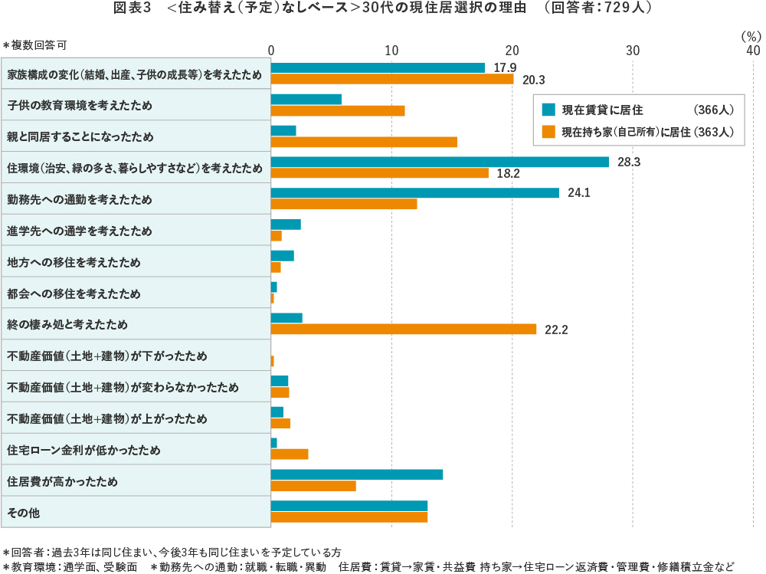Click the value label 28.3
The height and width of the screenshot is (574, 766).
pyautogui.click(x=629, y=162)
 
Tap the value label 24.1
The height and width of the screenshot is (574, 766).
pyautogui.click(x=578, y=193)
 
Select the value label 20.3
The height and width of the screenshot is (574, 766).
pyautogui.click(x=533, y=80)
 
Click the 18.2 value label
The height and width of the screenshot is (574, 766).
pyautogui.click(x=508, y=174)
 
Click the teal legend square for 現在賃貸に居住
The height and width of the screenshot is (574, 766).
pyautogui.click(x=548, y=109)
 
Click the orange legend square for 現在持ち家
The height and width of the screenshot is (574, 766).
pyautogui.click(x=548, y=131)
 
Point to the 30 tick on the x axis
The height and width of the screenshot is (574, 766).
pyautogui.click(x=633, y=50)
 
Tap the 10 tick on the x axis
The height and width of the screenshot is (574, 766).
pyautogui.click(x=391, y=50)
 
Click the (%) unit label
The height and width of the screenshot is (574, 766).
pyautogui.click(x=751, y=36)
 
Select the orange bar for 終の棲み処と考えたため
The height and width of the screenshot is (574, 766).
pyautogui.click(x=404, y=329)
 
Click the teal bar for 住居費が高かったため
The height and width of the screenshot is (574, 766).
pyautogui.click(x=357, y=474)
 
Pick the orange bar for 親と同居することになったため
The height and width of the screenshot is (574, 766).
pyautogui.click(x=364, y=142)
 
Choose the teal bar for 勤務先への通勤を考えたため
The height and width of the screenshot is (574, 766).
pyautogui.click(x=415, y=192)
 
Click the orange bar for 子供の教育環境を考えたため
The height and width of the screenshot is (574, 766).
pyautogui.click(x=338, y=110)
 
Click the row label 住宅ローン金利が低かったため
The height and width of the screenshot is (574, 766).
pyautogui.click(x=83, y=450)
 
